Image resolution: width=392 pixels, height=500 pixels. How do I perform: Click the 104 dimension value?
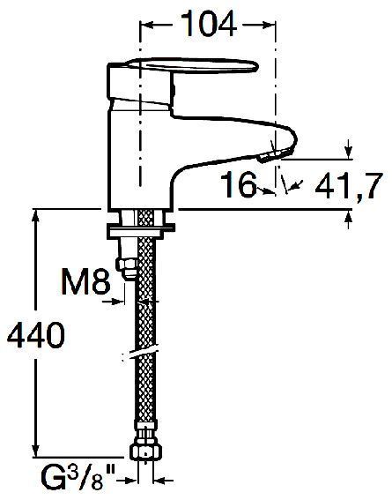coord(209,24)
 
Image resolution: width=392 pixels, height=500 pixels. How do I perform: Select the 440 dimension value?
coord(35,335)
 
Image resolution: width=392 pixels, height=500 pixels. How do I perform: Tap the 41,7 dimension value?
coord(348,187)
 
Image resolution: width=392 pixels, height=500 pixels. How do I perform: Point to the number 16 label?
coord(239,184)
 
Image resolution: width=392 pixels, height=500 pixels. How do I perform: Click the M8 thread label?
coord(85,281)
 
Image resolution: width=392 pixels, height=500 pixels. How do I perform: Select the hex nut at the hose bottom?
coord(146,451)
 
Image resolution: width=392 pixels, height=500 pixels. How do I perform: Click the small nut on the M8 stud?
coord(126,268)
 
